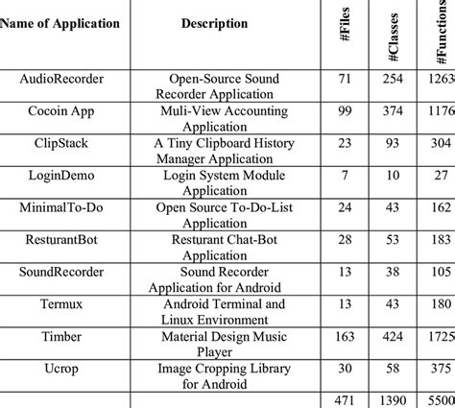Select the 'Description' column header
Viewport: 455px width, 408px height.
pyautogui.click(x=220, y=23)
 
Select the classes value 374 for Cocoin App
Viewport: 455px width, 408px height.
pyautogui.click(x=392, y=111)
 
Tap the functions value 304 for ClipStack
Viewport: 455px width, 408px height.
pyautogui.click(x=440, y=143)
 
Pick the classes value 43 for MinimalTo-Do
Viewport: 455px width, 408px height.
pyautogui.click(x=392, y=207)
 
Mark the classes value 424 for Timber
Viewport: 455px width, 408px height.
pyautogui.click(x=392, y=337)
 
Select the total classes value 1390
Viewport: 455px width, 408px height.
pyautogui.click(x=392, y=398)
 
